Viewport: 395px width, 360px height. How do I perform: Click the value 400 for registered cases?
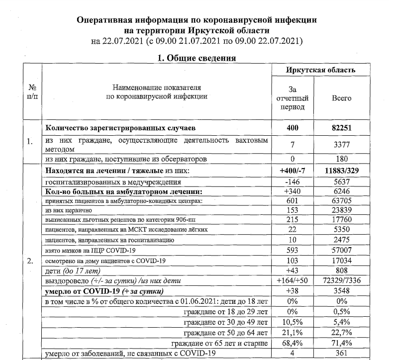[293, 128]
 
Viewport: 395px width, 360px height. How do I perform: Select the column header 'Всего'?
[341, 98]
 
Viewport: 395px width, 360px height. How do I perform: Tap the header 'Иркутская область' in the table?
[320, 70]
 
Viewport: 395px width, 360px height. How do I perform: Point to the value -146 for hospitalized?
[293, 182]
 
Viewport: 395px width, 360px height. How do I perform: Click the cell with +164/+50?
[293, 280]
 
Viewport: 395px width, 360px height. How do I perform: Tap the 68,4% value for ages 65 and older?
[293, 343]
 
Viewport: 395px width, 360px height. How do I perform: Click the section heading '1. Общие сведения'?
[197, 58]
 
